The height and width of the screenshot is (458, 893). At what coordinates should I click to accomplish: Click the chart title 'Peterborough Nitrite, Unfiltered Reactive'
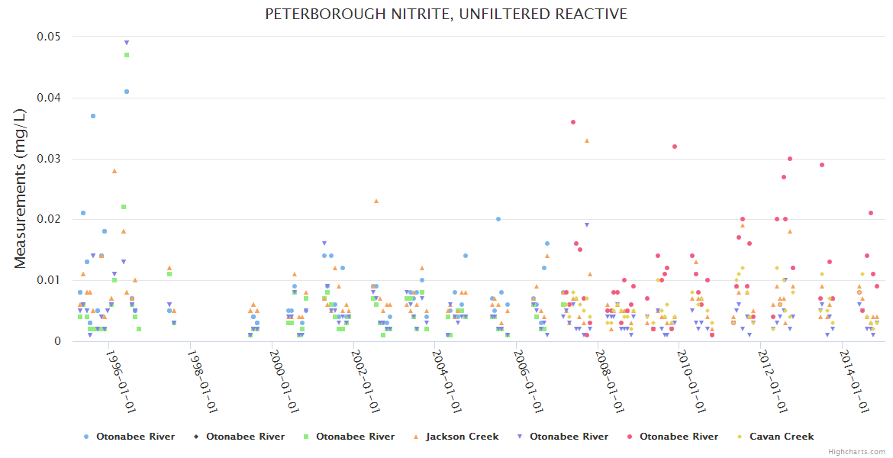click(446, 14)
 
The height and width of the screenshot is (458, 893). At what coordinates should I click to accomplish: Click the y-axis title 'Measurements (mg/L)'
click(21, 189)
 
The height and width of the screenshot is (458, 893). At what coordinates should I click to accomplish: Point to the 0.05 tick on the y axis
click(50, 37)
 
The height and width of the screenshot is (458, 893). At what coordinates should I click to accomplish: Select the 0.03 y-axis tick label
click(50, 159)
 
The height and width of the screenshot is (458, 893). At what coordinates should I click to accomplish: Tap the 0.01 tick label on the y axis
click(50, 280)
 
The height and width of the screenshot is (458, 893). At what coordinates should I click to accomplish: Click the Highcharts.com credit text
click(856, 452)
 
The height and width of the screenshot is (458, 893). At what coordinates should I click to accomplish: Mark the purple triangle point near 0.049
click(127, 43)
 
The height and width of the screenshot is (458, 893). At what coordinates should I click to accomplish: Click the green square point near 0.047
click(127, 55)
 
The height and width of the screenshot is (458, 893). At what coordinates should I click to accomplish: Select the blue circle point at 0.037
click(93, 116)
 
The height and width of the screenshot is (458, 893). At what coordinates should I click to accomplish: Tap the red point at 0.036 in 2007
click(573, 122)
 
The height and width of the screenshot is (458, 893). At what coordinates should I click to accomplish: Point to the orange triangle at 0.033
click(587, 140)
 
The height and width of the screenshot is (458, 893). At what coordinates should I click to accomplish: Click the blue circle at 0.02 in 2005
click(498, 219)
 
